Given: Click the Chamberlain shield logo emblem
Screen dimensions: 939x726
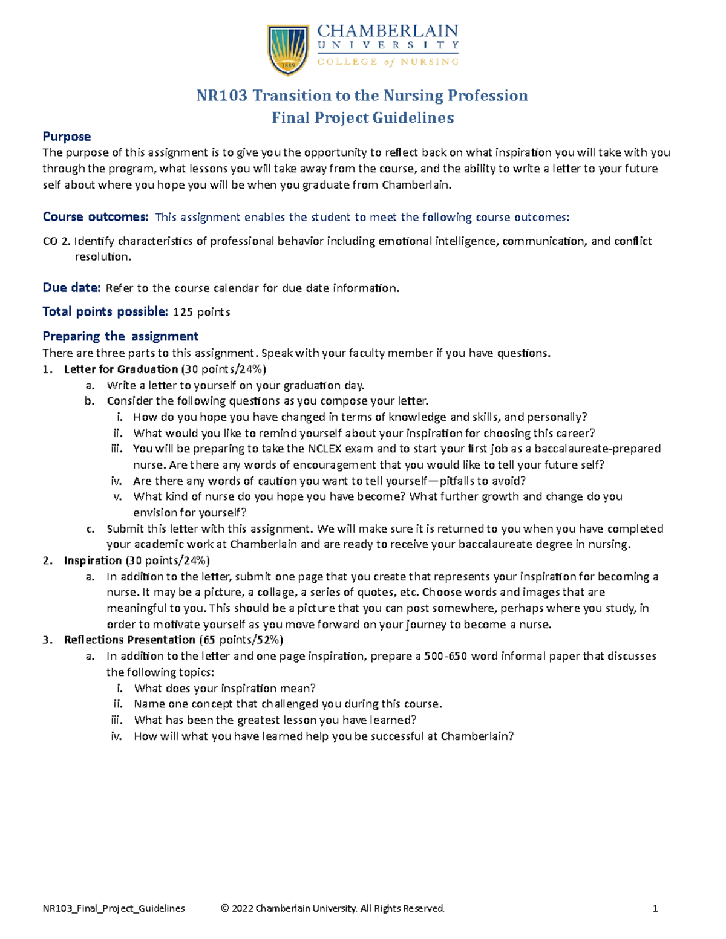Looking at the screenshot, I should [288, 50].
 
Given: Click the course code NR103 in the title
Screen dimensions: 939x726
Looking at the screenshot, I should [222, 96].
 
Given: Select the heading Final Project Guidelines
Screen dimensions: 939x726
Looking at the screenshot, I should [362, 118].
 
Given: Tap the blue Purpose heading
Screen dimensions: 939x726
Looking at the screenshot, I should [67, 137].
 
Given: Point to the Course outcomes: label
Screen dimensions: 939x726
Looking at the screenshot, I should [95, 217].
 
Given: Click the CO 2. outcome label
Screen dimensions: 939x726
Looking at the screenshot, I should [56, 241].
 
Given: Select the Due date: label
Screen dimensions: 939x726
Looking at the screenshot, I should [71, 288].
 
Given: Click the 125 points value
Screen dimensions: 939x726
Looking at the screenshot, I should [201, 312].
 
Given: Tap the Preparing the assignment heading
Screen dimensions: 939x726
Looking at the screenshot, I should [120, 336].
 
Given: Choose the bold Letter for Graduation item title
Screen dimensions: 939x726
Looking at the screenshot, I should [121, 369].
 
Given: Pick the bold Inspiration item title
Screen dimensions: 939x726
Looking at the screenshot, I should [93, 560].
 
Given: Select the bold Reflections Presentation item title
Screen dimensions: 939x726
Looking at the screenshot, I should [129, 640].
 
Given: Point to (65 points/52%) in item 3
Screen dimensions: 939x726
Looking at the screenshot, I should [241, 640].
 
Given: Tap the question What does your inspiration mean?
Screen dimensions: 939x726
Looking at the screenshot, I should [224, 688].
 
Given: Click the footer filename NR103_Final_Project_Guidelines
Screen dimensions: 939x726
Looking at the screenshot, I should [114, 908].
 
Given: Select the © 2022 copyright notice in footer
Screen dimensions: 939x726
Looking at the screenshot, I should [333, 908].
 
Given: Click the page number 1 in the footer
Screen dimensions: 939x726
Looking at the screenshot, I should [655, 908].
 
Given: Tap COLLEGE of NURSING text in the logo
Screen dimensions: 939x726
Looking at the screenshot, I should [388, 62].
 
